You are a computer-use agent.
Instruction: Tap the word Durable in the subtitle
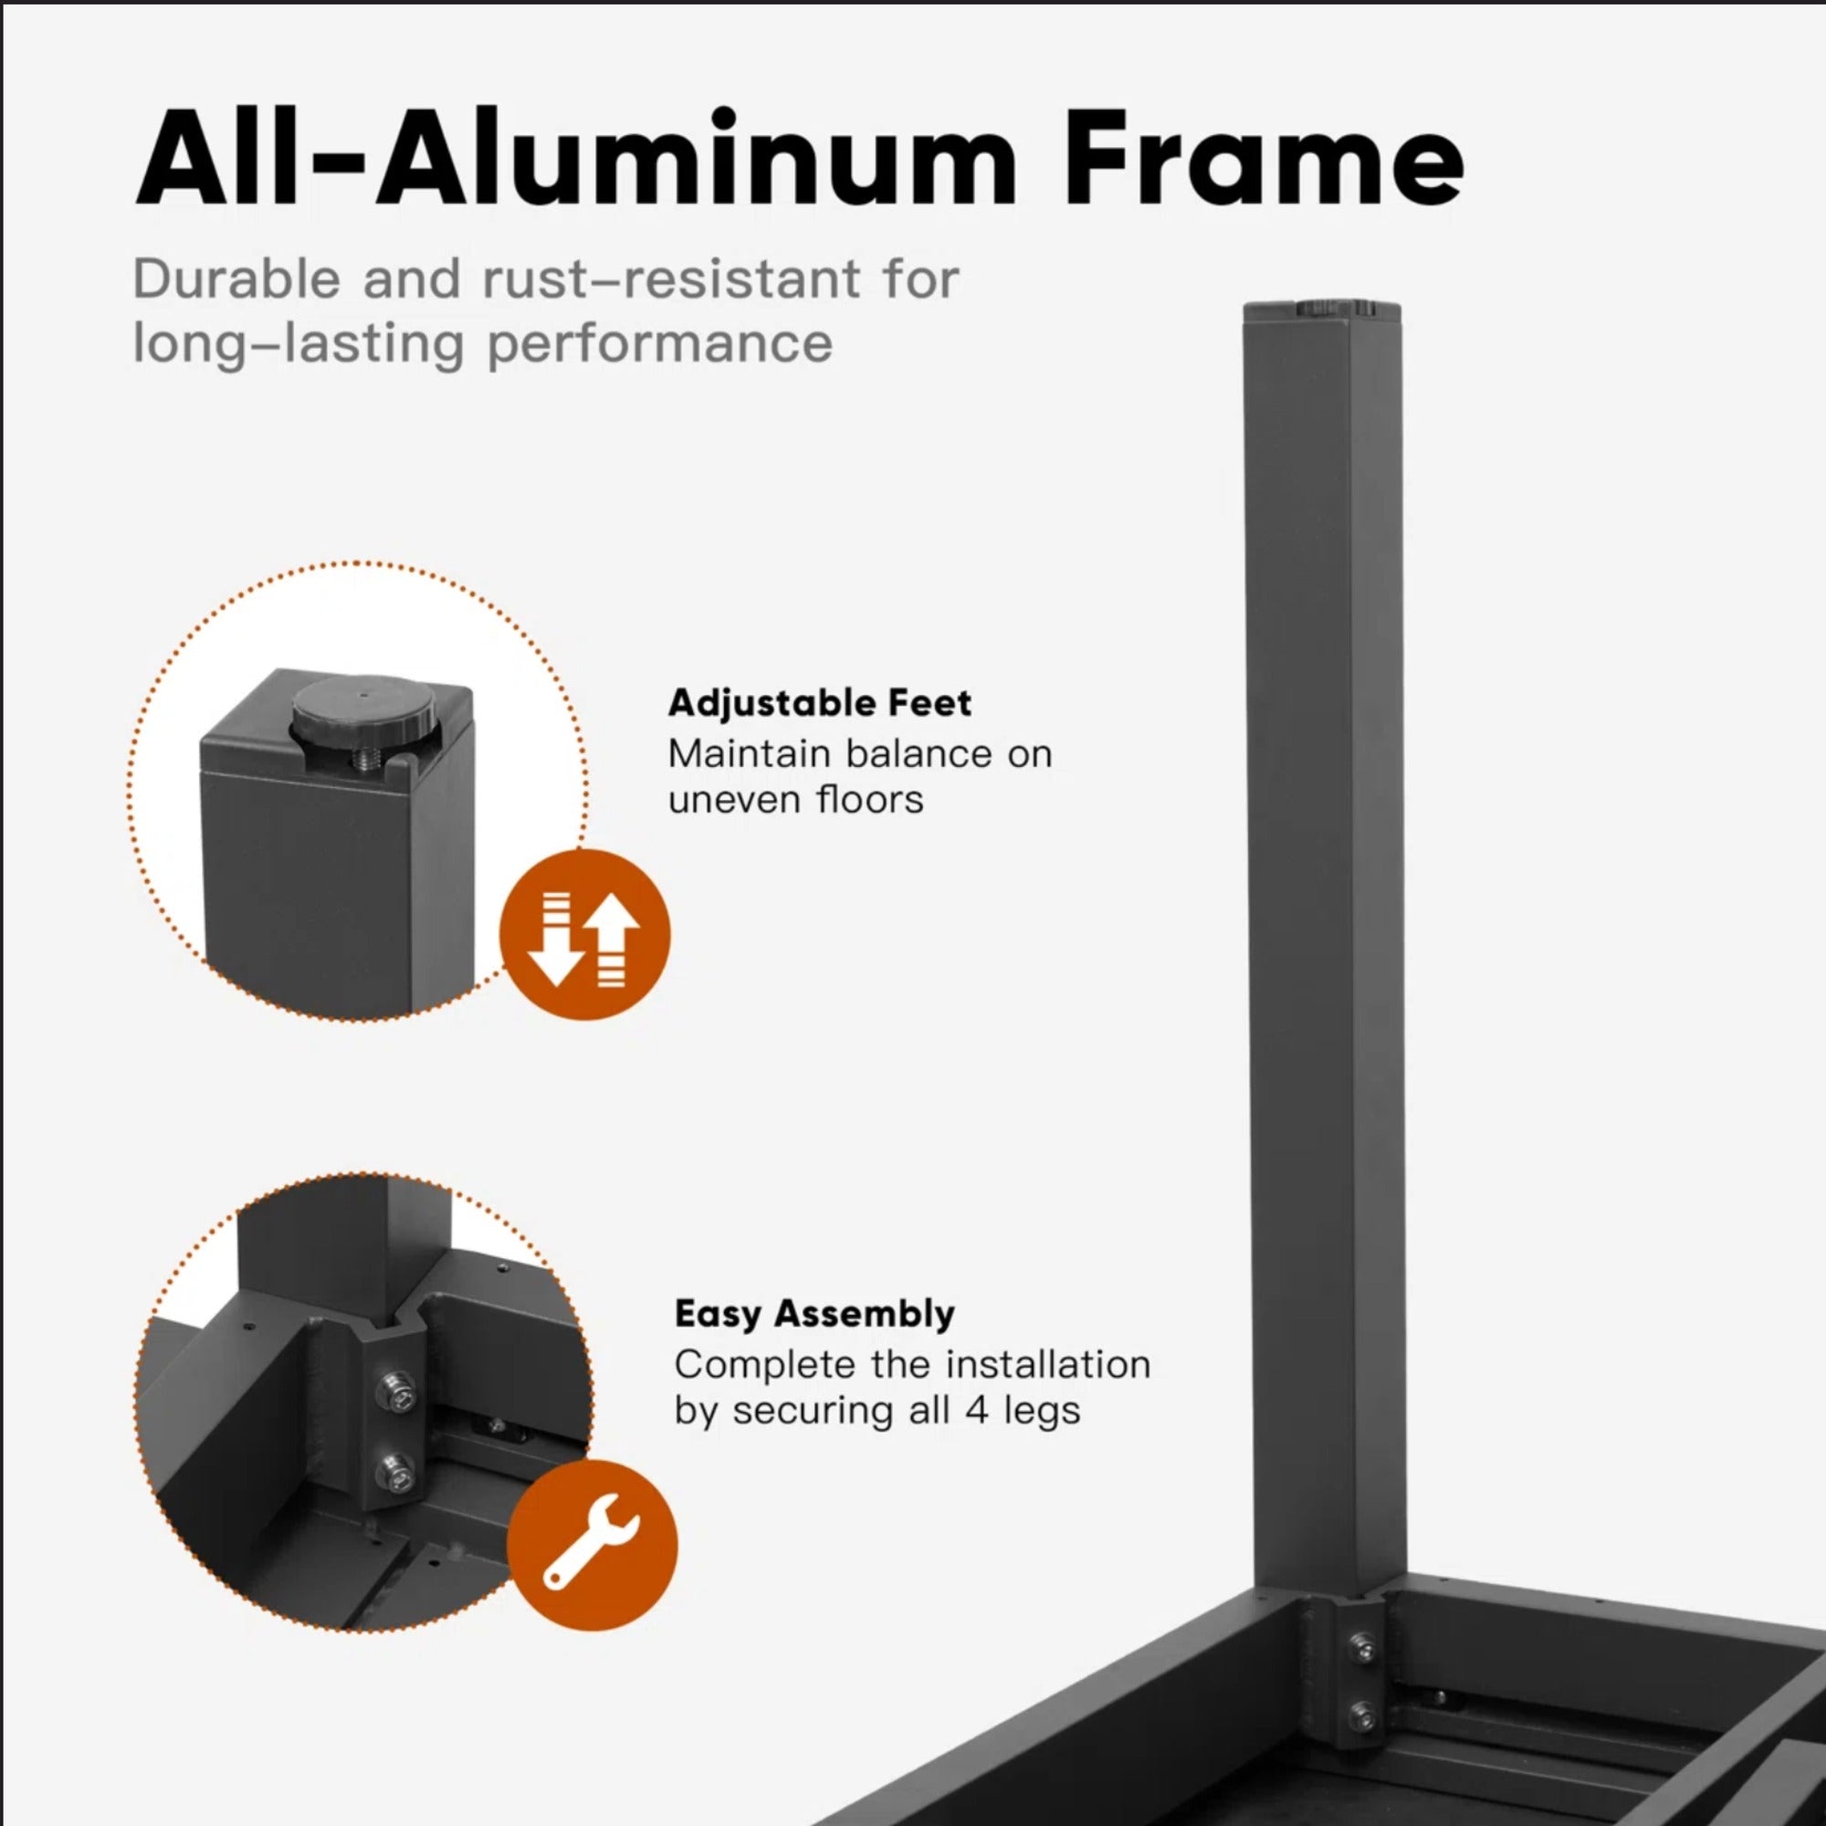pos(236,279)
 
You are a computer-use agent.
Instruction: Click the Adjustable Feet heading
pos(820,703)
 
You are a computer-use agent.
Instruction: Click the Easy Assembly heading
pos(814,1314)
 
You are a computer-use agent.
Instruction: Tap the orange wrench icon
pos(593,1546)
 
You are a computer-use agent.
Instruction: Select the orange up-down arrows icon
pos(584,935)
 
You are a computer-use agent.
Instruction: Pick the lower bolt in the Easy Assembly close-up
pos(395,1470)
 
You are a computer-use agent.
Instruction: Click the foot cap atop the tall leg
pos(1322,310)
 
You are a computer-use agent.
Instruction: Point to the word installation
pos(1048,1365)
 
